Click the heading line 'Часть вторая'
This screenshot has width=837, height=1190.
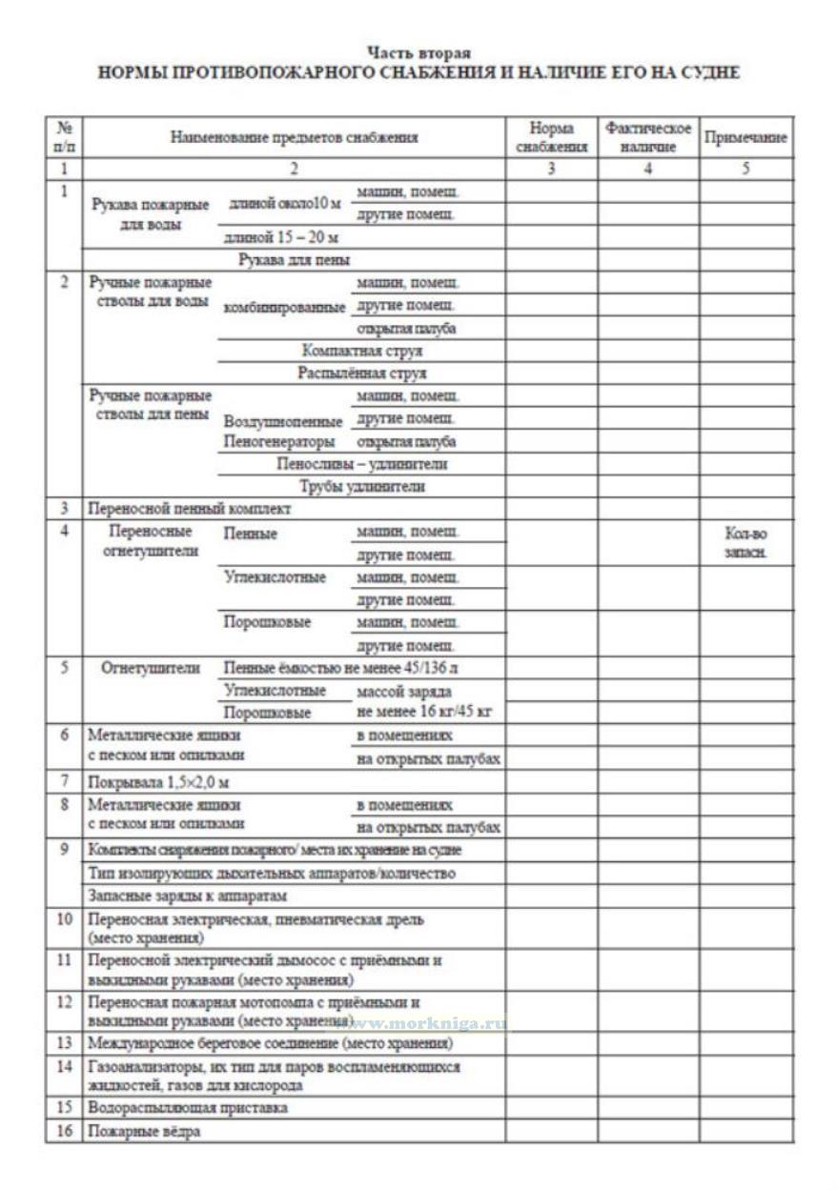[x=418, y=53]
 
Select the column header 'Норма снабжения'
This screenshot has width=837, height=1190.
[x=551, y=138]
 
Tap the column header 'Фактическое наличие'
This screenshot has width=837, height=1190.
[x=648, y=138]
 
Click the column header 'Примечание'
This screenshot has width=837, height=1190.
[x=745, y=138]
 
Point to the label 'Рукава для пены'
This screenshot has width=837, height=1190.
[x=294, y=259]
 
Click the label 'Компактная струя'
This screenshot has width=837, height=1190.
[x=361, y=351]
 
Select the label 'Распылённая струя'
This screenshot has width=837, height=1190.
[x=361, y=373]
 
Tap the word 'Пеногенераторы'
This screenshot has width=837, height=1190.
[x=279, y=443]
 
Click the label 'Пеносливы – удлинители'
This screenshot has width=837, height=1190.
[x=361, y=465]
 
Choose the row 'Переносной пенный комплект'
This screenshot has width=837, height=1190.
[x=190, y=510]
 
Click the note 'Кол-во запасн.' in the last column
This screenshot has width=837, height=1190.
[x=745, y=544]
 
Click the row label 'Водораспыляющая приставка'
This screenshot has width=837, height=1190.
[x=187, y=1108]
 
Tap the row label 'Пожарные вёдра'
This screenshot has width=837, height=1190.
[x=144, y=1132]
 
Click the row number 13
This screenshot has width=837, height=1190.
[x=64, y=1043]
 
